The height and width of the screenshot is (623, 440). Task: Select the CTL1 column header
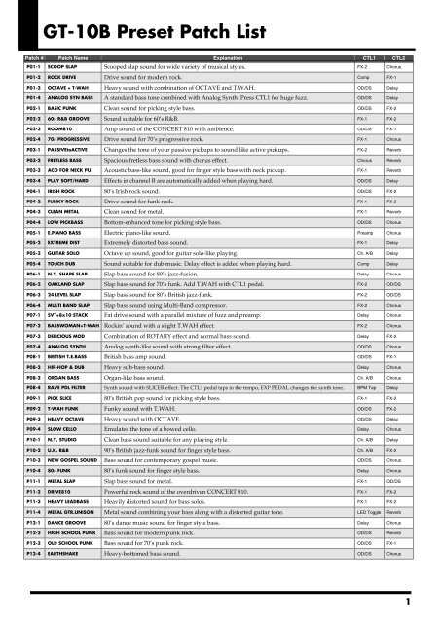click(x=368, y=87)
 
